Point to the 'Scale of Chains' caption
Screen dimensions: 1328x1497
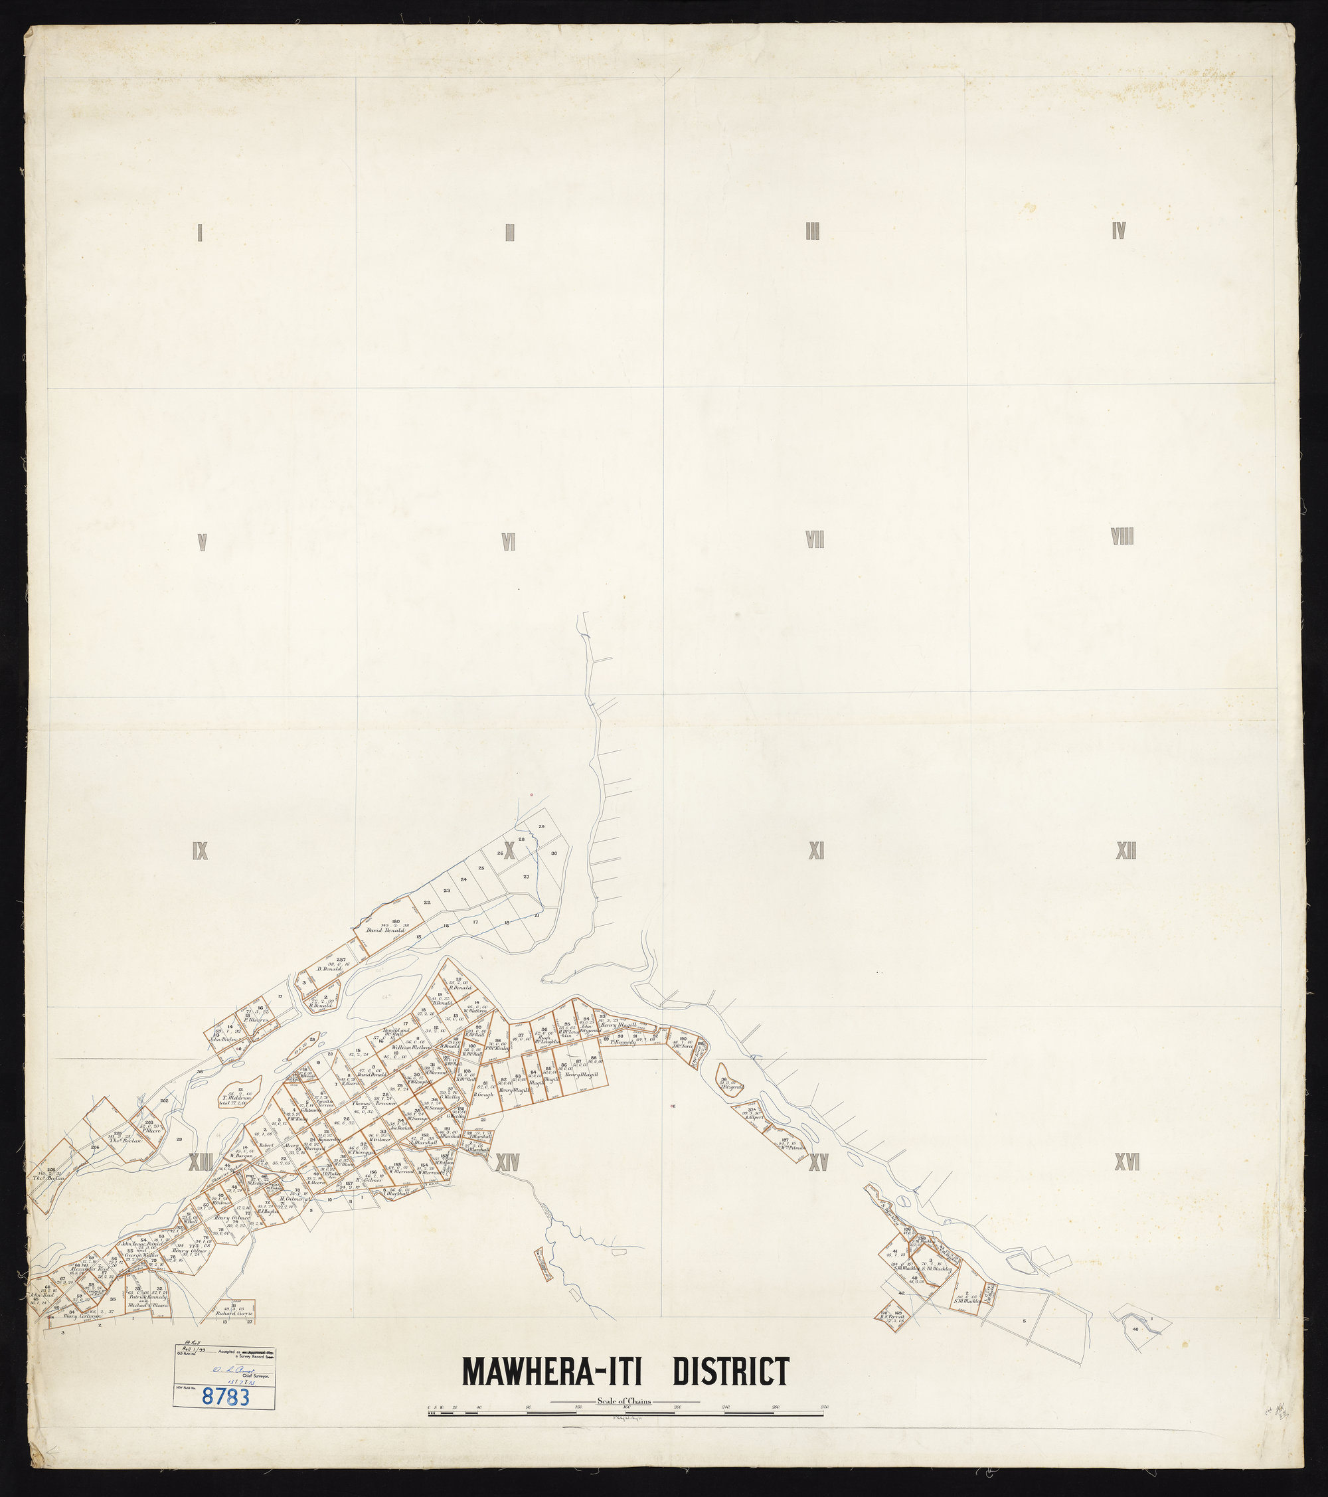[624, 1402]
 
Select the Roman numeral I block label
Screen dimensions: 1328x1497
[200, 234]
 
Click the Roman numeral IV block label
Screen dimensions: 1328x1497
[1118, 231]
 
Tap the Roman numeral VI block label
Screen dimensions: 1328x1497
[509, 541]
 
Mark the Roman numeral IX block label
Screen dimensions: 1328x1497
[199, 851]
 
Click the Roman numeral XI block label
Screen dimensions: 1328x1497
[817, 850]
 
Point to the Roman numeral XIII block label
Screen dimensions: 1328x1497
[200, 1162]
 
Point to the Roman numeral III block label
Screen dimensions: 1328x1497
[812, 233]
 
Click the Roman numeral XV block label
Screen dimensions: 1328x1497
[817, 1162]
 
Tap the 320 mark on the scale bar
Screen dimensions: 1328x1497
[825, 1407]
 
